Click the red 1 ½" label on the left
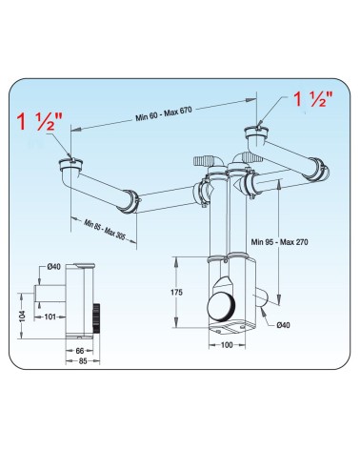40,121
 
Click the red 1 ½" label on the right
312,99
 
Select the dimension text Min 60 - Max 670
164,113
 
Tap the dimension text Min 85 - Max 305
105,229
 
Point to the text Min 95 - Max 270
279,242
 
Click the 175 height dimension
176,292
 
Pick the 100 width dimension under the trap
227,345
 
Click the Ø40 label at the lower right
283,325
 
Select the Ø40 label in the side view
53,267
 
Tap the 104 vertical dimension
22,316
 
